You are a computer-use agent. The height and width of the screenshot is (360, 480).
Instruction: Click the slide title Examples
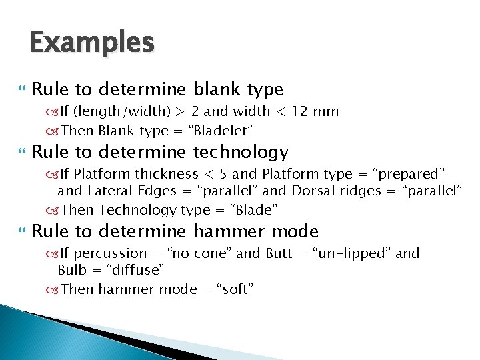coord(91,43)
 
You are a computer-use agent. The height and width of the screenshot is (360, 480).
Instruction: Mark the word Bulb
coord(71,270)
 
